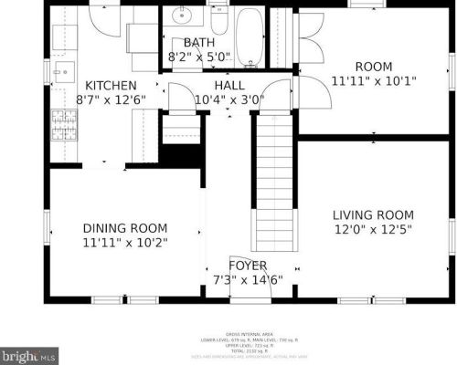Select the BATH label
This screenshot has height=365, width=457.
tap(199, 43)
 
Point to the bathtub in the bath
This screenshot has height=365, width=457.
tap(250, 36)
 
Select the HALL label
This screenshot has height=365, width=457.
tap(228, 85)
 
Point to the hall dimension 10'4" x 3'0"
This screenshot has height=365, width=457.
tap(228, 99)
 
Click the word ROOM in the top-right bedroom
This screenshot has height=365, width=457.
tap(373, 67)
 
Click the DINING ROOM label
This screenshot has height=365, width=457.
tap(125, 228)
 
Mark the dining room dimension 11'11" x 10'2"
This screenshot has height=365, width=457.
tap(125, 243)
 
